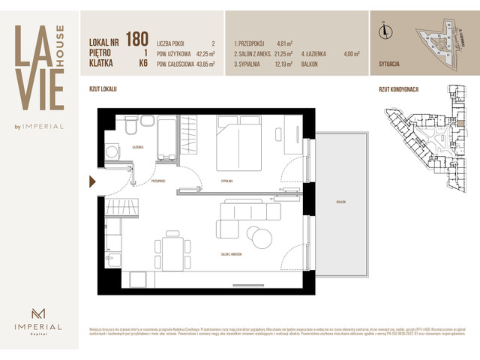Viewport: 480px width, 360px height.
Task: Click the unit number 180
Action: click(137, 39)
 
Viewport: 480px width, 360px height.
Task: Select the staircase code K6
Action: click(140, 64)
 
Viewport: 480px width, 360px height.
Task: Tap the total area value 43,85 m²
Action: click(204, 64)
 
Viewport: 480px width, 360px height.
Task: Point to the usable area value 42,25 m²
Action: click(204, 54)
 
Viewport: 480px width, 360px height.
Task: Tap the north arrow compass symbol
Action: click(385, 31)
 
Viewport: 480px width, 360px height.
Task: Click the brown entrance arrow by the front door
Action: click(92, 181)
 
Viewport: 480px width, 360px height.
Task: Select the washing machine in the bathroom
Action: click(112, 152)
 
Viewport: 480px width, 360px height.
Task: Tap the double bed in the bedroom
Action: click(241, 145)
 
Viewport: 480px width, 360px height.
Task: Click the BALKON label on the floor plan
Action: click(341, 203)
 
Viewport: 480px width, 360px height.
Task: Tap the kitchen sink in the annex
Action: click(110, 261)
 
